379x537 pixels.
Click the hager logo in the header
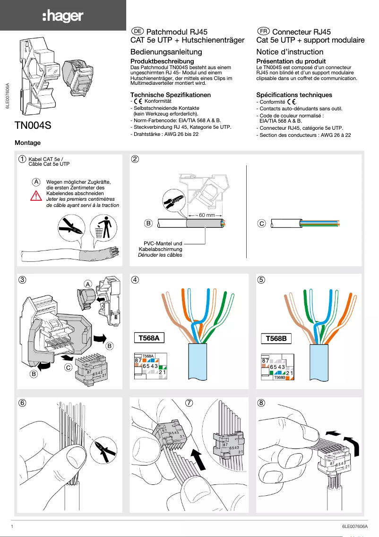click(x=63, y=16)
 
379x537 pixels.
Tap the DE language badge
click(x=137, y=31)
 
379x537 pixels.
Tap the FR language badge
click(x=263, y=31)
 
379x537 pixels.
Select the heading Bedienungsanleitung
click(x=166, y=52)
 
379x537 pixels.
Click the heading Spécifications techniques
click(x=294, y=95)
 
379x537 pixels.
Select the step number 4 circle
click(x=135, y=279)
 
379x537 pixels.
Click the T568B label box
click(x=277, y=339)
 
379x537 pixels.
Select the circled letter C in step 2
click(x=261, y=223)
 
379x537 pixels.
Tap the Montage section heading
click(x=28, y=143)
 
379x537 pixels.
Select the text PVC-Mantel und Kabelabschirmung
click(x=160, y=246)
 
